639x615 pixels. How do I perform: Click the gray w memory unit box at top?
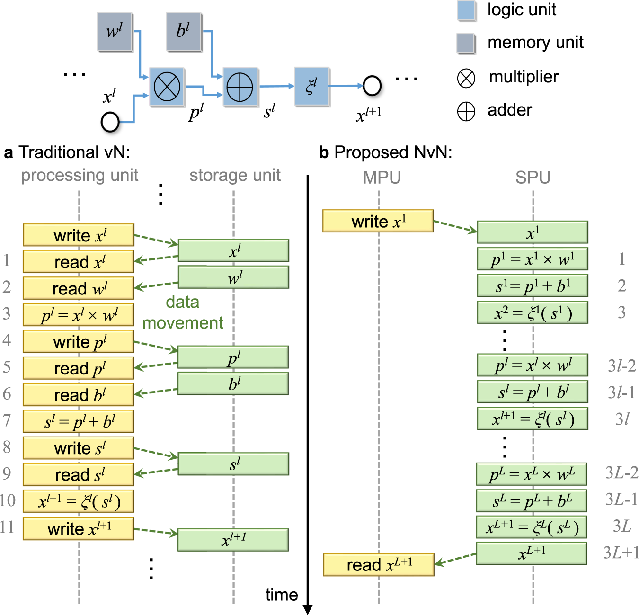(115, 32)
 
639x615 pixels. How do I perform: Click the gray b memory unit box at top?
(184, 32)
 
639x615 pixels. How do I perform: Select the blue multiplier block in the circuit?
(167, 87)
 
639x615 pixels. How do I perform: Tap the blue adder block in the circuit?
(240, 87)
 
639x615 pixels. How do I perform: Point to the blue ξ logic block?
(311, 86)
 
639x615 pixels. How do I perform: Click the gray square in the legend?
(466, 44)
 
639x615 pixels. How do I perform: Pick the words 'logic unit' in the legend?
(522, 9)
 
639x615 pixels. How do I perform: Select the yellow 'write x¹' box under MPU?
(378, 221)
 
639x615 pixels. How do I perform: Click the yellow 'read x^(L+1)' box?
(379, 564)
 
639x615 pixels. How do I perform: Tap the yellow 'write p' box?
(79, 342)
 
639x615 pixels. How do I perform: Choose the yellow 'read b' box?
(79, 395)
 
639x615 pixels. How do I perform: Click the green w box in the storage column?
(233, 277)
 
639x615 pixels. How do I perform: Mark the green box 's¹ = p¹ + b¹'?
(532, 286)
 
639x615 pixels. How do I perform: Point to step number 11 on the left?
(7, 527)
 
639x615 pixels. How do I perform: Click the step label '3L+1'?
(621, 553)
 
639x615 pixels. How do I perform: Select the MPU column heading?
(382, 178)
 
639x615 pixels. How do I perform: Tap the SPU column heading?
(533, 178)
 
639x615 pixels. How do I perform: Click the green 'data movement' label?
(183, 312)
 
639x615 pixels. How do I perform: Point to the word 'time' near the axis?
(281, 595)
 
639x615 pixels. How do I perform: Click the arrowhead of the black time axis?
(308, 610)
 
